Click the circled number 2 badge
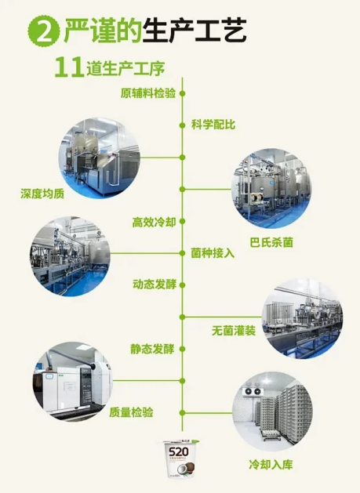point(44,31)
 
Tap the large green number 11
point(69,67)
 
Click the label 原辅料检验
point(148,93)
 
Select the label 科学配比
point(213,125)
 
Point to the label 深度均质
point(42,194)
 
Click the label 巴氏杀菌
point(271,242)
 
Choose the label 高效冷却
point(154,223)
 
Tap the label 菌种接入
point(213,253)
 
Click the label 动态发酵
point(155,285)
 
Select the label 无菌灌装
point(234,331)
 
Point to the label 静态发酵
point(152,349)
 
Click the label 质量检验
point(131,412)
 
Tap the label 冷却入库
point(271,464)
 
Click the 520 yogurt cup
point(178,459)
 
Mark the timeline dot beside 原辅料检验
point(182,93)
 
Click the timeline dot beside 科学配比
point(182,125)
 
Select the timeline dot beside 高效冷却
point(182,221)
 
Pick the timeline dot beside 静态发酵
point(182,349)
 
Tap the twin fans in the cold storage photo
point(253,391)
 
